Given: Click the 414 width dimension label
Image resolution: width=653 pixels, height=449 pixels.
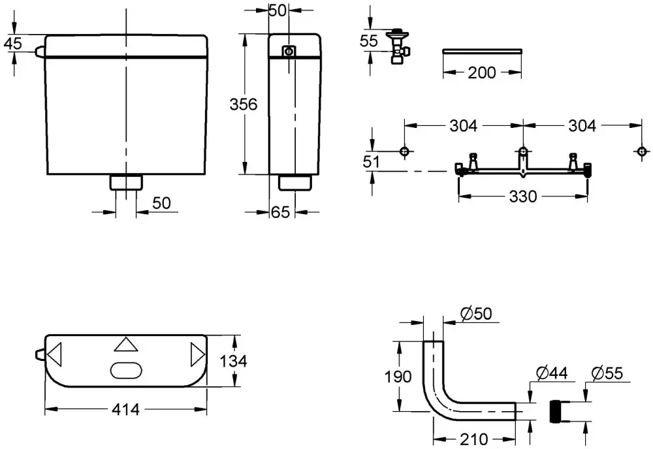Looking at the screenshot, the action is coord(125,409).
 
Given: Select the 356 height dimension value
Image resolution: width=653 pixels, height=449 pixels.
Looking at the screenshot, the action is coord(244,104).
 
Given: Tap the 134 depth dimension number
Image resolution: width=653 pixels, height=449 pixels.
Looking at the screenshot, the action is coord(233,361).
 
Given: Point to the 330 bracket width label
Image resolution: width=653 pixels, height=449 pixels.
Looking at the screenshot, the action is coord(522,196).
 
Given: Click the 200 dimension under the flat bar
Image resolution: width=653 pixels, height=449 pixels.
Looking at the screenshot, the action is coord(482,73).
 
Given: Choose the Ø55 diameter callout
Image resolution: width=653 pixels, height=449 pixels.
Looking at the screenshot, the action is coord(607,373).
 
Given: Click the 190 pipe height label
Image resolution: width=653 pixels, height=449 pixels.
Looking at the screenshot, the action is coord(398,377).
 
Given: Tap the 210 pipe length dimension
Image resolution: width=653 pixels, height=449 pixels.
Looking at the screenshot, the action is coord(474,439).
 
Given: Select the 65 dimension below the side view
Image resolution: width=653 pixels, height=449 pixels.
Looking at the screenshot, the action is coord(280,212).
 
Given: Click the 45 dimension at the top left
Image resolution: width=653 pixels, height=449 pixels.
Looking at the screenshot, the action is coord(13,43).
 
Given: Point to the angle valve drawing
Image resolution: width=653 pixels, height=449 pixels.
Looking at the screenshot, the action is coord(398,46).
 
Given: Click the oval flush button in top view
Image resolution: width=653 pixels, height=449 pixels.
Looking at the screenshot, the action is coord(126,370).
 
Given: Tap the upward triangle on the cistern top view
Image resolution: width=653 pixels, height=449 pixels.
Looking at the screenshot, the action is coord(126,345).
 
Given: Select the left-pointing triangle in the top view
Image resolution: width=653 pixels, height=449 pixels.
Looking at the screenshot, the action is coord(55,355).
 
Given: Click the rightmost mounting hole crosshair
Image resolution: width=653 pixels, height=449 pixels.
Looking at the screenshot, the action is coord(642,151).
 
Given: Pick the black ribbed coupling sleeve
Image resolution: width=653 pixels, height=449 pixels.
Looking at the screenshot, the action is coord(556,411).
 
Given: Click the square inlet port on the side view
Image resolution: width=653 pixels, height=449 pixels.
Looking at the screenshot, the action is coord(289,52).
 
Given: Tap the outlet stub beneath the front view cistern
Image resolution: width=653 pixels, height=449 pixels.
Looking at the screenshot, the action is coord(126,183).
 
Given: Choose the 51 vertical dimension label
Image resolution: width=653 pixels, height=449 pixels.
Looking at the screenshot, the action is coord(371,161).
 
